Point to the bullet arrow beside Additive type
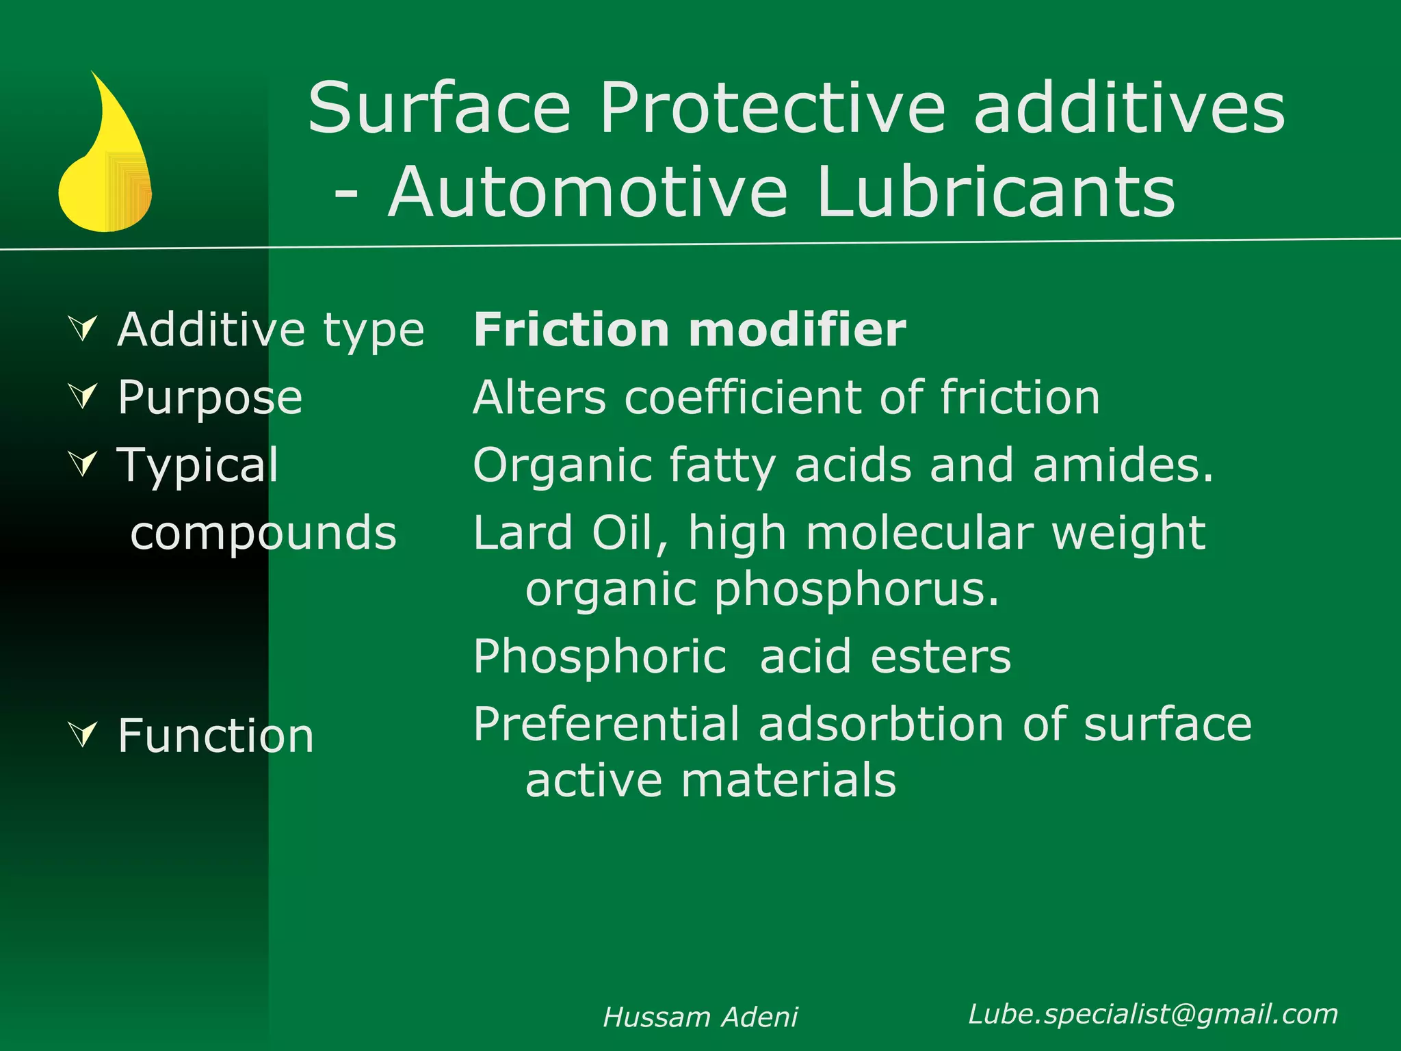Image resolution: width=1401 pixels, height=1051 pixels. [x=83, y=328]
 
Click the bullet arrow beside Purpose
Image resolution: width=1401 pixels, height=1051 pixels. [x=83, y=395]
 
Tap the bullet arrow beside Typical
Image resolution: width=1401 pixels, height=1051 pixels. [x=83, y=463]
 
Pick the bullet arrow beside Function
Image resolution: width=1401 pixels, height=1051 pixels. [x=83, y=734]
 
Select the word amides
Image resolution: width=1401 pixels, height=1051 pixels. [x=1123, y=465]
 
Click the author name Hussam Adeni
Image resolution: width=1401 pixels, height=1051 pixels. [x=700, y=1017]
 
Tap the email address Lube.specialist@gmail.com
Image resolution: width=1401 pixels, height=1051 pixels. [x=1153, y=1014]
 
